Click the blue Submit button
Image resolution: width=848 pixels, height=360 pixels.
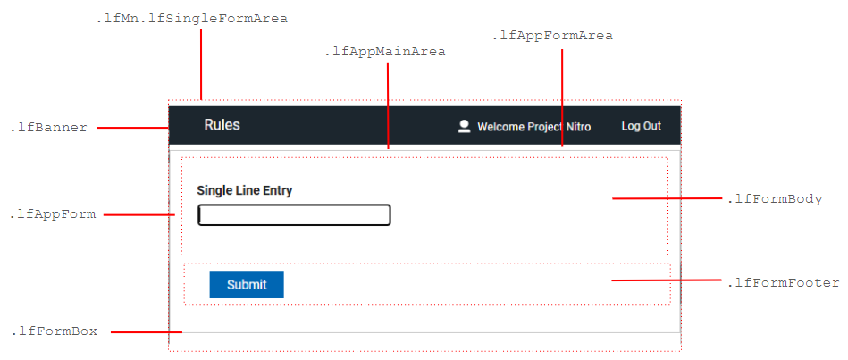(247, 285)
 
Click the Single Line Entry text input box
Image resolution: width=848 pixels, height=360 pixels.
(294, 215)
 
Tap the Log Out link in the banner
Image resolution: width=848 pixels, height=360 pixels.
(641, 127)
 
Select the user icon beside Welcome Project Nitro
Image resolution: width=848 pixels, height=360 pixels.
(464, 127)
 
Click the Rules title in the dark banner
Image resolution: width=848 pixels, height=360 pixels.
(222, 125)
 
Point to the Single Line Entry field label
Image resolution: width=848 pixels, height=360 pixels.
(244, 190)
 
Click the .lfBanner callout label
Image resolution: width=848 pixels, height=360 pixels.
(49, 128)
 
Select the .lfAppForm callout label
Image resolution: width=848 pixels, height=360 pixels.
(53, 214)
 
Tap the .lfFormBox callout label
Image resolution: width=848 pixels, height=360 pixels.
(54, 331)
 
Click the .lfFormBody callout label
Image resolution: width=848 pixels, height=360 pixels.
(775, 199)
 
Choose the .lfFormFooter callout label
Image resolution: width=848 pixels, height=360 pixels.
(783, 283)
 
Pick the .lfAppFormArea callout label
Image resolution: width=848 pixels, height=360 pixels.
(552, 36)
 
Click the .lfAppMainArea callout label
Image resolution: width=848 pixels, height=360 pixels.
(385, 52)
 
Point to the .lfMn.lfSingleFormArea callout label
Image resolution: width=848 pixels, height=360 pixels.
(191, 18)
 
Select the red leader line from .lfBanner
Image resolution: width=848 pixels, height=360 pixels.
(132, 128)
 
